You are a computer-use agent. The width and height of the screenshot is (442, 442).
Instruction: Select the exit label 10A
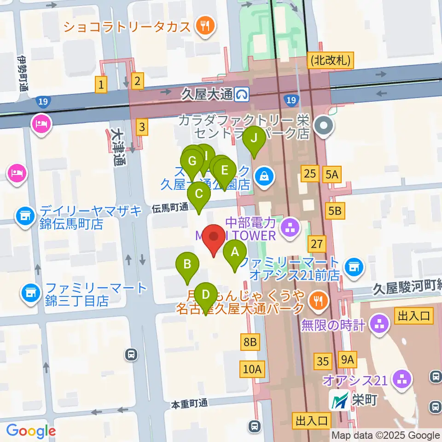[x=252, y=368]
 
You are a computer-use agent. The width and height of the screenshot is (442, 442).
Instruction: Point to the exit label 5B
[x=335, y=211]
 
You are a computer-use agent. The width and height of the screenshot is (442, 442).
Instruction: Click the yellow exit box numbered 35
[x=323, y=361]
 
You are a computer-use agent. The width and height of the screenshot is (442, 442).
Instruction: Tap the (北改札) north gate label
[x=331, y=59]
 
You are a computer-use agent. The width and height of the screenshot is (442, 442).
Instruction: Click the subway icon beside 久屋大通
[x=241, y=95]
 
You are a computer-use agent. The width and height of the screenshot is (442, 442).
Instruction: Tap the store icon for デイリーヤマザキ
[x=25, y=215]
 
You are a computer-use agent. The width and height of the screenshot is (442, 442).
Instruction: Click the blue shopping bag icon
[x=265, y=177]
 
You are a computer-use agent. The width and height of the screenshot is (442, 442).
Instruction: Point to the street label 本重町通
[x=189, y=404]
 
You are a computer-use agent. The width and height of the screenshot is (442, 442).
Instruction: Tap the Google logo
[x=31, y=430]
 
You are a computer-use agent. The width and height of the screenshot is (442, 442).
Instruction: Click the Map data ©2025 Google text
[x=386, y=435]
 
